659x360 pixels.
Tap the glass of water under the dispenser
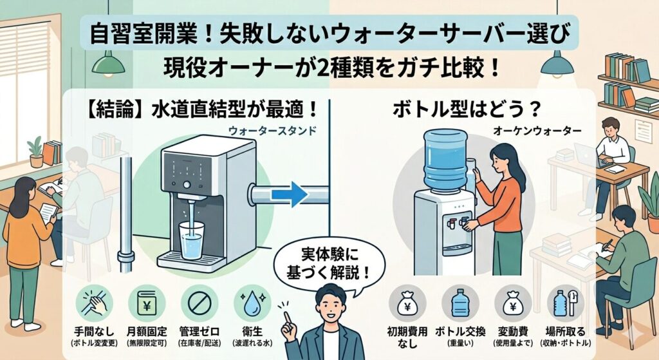191,237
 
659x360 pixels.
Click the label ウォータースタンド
272,131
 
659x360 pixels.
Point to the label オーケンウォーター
537,131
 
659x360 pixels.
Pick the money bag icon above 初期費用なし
407,303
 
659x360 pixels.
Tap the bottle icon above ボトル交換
459,303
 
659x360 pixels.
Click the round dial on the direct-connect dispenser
187,185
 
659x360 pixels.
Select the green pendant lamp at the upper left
108,64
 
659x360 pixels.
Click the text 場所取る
565,332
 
